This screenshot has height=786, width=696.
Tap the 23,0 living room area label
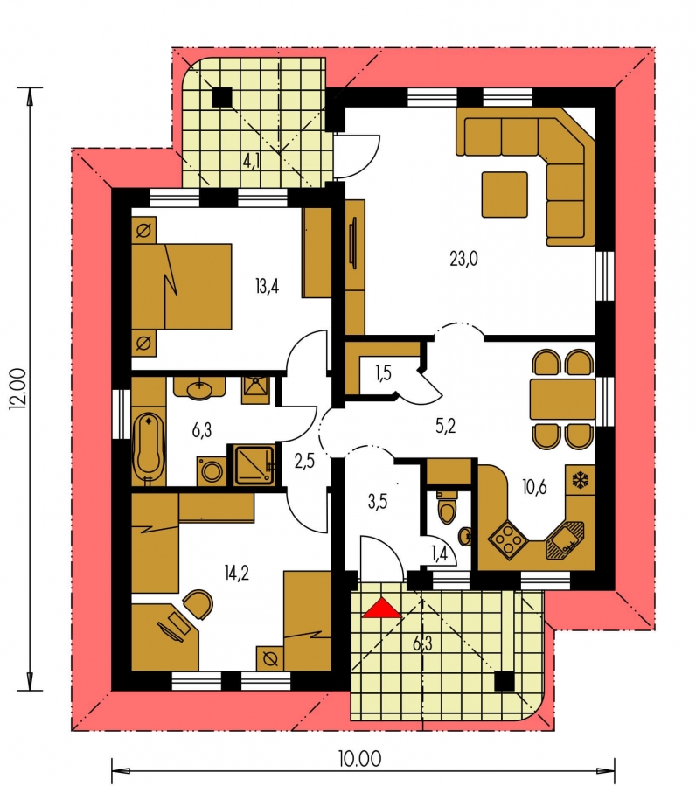(463, 259)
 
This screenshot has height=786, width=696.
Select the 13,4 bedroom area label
(267, 286)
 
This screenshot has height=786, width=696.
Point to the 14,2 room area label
(237, 572)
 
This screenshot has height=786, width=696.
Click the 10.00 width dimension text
(359, 758)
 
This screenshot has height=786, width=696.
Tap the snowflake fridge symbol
(581, 480)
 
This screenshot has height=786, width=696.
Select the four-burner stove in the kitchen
(508, 539)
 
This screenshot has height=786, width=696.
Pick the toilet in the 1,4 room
(447, 506)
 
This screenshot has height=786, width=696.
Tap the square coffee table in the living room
(505, 194)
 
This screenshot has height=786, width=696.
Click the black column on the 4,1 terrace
(221, 97)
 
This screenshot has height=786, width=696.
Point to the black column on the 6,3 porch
(505, 681)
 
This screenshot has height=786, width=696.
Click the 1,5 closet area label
(383, 373)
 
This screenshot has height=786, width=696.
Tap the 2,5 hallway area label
(304, 461)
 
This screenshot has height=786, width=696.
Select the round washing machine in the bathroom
(212, 471)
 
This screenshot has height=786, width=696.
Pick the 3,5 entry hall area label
(378, 501)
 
